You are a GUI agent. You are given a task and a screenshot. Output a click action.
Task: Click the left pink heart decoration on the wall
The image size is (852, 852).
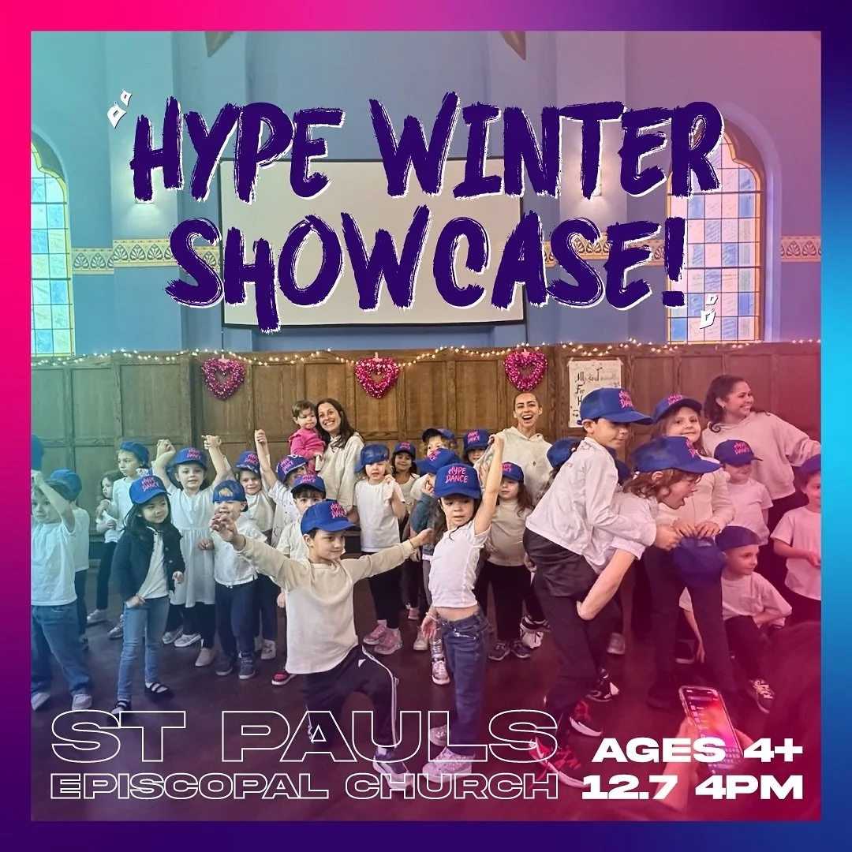tap(223, 377)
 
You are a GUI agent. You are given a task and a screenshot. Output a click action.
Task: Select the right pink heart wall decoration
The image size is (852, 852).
tap(526, 369)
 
